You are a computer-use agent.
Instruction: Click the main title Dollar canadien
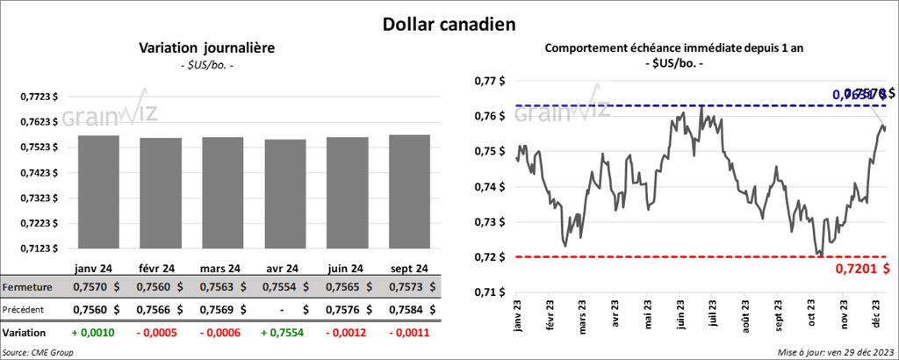tap(449, 23)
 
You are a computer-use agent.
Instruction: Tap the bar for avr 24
tap(284, 195)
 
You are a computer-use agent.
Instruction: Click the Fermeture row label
tap(28, 287)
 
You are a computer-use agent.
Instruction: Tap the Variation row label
tap(25, 333)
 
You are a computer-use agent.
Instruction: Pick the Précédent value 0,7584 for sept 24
tap(398, 309)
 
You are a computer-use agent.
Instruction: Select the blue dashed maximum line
tap(667, 105)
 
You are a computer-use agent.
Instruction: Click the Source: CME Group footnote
tap(38, 352)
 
